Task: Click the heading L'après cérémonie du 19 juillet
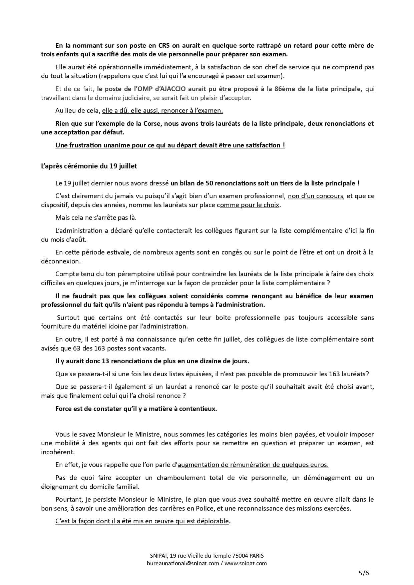coord(89,166)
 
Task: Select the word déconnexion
coord(60,261)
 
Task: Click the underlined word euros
coord(319,465)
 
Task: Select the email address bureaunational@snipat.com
coord(183,563)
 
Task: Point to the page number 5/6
coord(364,573)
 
